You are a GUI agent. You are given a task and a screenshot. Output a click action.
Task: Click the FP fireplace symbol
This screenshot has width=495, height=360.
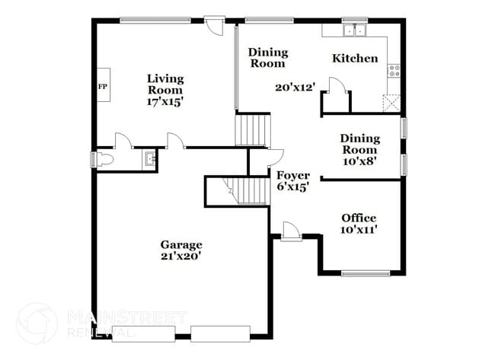(102, 86)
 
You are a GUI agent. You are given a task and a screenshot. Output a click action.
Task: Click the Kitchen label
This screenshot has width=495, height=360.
(355, 58)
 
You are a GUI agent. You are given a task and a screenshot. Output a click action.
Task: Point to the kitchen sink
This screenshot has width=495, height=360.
(354, 31)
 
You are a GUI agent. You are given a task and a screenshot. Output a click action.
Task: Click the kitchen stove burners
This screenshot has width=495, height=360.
(394, 71)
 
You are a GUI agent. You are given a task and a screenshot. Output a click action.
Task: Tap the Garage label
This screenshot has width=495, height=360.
(181, 244)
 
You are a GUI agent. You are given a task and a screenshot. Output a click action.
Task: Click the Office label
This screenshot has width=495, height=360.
(358, 218)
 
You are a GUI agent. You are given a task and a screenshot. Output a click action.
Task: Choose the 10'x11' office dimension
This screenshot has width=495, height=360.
(358, 229)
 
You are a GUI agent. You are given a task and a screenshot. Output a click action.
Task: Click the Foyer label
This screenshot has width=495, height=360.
(292, 175)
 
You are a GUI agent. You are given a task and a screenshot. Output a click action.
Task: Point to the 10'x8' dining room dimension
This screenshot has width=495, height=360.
(359, 161)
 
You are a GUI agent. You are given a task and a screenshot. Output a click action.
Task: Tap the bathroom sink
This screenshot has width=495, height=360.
(150, 159)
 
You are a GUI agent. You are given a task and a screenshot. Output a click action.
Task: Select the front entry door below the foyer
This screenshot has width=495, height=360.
(290, 231)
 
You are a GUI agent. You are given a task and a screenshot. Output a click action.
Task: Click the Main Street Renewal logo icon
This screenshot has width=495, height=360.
(36, 321)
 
